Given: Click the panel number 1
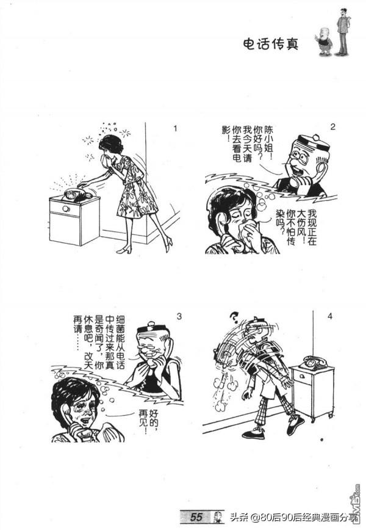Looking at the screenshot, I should pos(175,129).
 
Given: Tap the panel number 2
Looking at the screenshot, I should pos(332,127).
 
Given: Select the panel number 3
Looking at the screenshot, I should pos(179,316).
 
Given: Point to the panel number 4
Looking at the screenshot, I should pos(330,316).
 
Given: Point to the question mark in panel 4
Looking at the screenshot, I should pos(232,316).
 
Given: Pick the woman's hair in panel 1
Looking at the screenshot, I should pos(111,143).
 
